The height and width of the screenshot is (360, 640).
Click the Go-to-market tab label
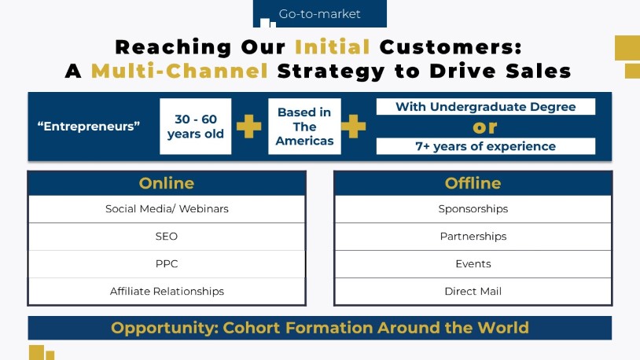(319, 14)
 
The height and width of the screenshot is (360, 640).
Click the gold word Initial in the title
(333, 47)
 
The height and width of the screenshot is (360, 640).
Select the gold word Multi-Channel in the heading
(179, 71)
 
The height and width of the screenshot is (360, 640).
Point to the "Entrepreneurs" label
(89, 127)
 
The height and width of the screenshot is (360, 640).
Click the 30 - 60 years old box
(196, 126)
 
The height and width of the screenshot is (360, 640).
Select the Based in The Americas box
(304, 126)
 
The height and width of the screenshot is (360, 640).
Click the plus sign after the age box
(249, 126)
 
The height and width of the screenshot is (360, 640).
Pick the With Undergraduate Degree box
(486, 107)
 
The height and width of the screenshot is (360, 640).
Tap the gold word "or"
(485, 127)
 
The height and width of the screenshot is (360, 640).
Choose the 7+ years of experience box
(486, 146)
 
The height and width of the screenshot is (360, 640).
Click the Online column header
(167, 183)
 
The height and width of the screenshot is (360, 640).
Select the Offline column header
(473, 183)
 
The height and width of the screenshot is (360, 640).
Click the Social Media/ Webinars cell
(167, 209)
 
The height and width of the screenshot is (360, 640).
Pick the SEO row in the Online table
(167, 237)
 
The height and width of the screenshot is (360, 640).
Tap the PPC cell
(167, 263)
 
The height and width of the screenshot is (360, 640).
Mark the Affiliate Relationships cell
(167, 291)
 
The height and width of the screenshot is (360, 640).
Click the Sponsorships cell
(473, 209)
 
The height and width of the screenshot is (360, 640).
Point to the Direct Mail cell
(473, 291)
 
